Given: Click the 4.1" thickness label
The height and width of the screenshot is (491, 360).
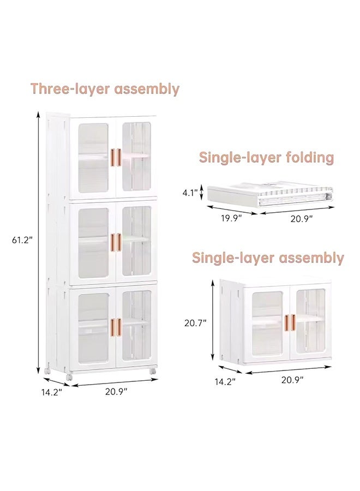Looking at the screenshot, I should pyautogui.click(x=190, y=193).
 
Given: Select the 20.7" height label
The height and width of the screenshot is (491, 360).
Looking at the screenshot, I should pyautogui.click(x=195, y=322).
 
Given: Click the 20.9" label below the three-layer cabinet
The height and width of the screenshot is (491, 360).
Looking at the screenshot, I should pyautogui.click(x=116, y=391).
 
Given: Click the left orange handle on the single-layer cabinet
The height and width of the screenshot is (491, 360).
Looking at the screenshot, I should pyautogui.click(x=286, y=322).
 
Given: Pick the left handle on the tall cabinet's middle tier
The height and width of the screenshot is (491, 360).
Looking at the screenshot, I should pyautogui.click(x=114, y=242).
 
